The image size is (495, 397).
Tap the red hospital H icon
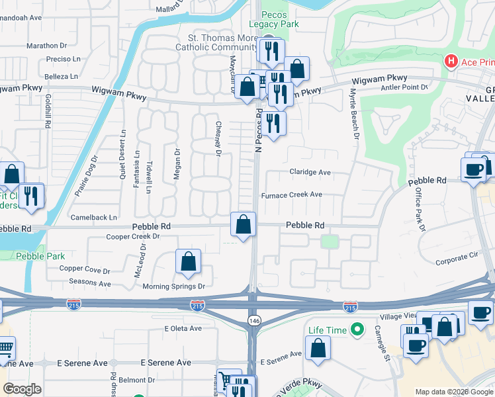click(451, 62)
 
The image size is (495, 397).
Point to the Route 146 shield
click(253, 320)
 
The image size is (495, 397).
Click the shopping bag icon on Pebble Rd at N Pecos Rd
click(244, 224)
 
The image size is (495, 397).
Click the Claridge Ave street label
click(310, 172)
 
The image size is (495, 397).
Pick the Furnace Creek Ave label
click(291, 195)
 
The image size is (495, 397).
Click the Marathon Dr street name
click(47, 46)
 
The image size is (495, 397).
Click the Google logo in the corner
click(22, 389)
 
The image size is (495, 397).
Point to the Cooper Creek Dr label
click(133, 236)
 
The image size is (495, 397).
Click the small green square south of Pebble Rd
click(329, 242)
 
